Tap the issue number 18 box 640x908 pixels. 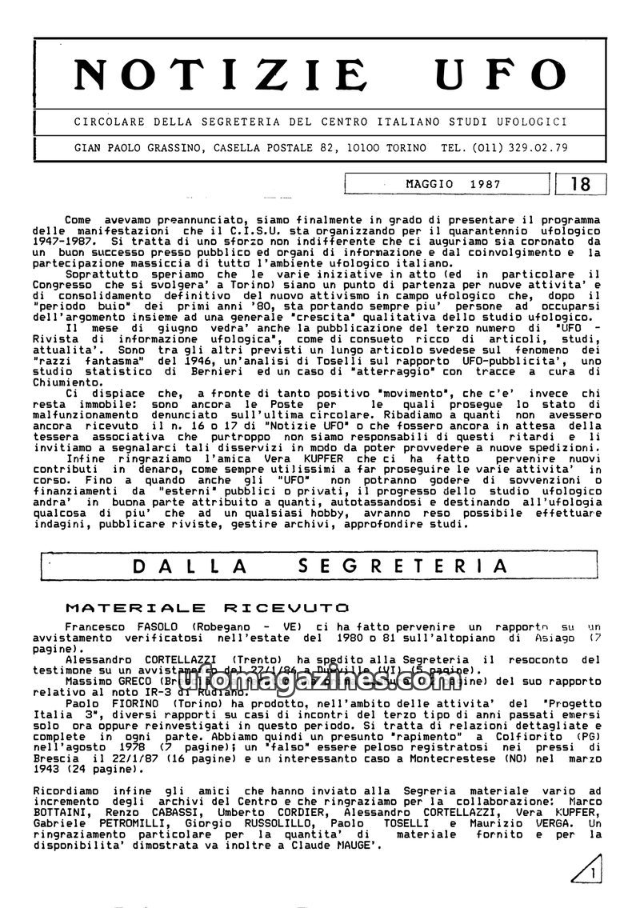(581, 184)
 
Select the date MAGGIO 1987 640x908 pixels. (453, 184)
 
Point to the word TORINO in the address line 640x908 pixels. (406, 148)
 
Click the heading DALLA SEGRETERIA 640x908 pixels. (320, 566)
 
